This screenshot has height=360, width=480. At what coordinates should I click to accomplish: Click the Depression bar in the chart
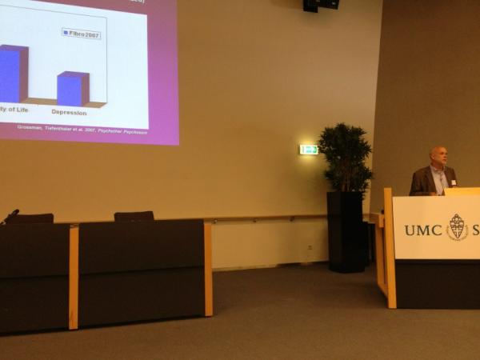73,90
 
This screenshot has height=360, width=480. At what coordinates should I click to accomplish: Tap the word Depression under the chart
69,112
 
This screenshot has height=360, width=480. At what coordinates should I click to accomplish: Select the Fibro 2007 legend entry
82,34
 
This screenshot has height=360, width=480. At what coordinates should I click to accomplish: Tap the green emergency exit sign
309,150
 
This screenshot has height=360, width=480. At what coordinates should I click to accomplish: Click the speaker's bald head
438,156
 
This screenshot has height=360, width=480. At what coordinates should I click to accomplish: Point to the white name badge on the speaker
453,182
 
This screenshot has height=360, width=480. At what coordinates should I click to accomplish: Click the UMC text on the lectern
422,230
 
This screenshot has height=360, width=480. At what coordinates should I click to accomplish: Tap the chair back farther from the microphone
134,215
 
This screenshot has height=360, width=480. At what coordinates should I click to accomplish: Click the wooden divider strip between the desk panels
74,276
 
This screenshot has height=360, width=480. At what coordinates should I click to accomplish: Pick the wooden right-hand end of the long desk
208,269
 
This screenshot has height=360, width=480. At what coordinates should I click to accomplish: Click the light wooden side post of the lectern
390,248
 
